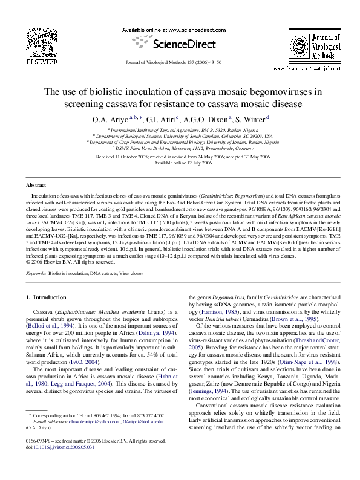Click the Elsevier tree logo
pyautogui.click(x=31, y=43)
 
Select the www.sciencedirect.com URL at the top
pyautogui.click(x=180, y=30)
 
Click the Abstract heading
pyautogui.click(x=36, y=185)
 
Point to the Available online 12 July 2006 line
pyautogui.click(x=180, y=163)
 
